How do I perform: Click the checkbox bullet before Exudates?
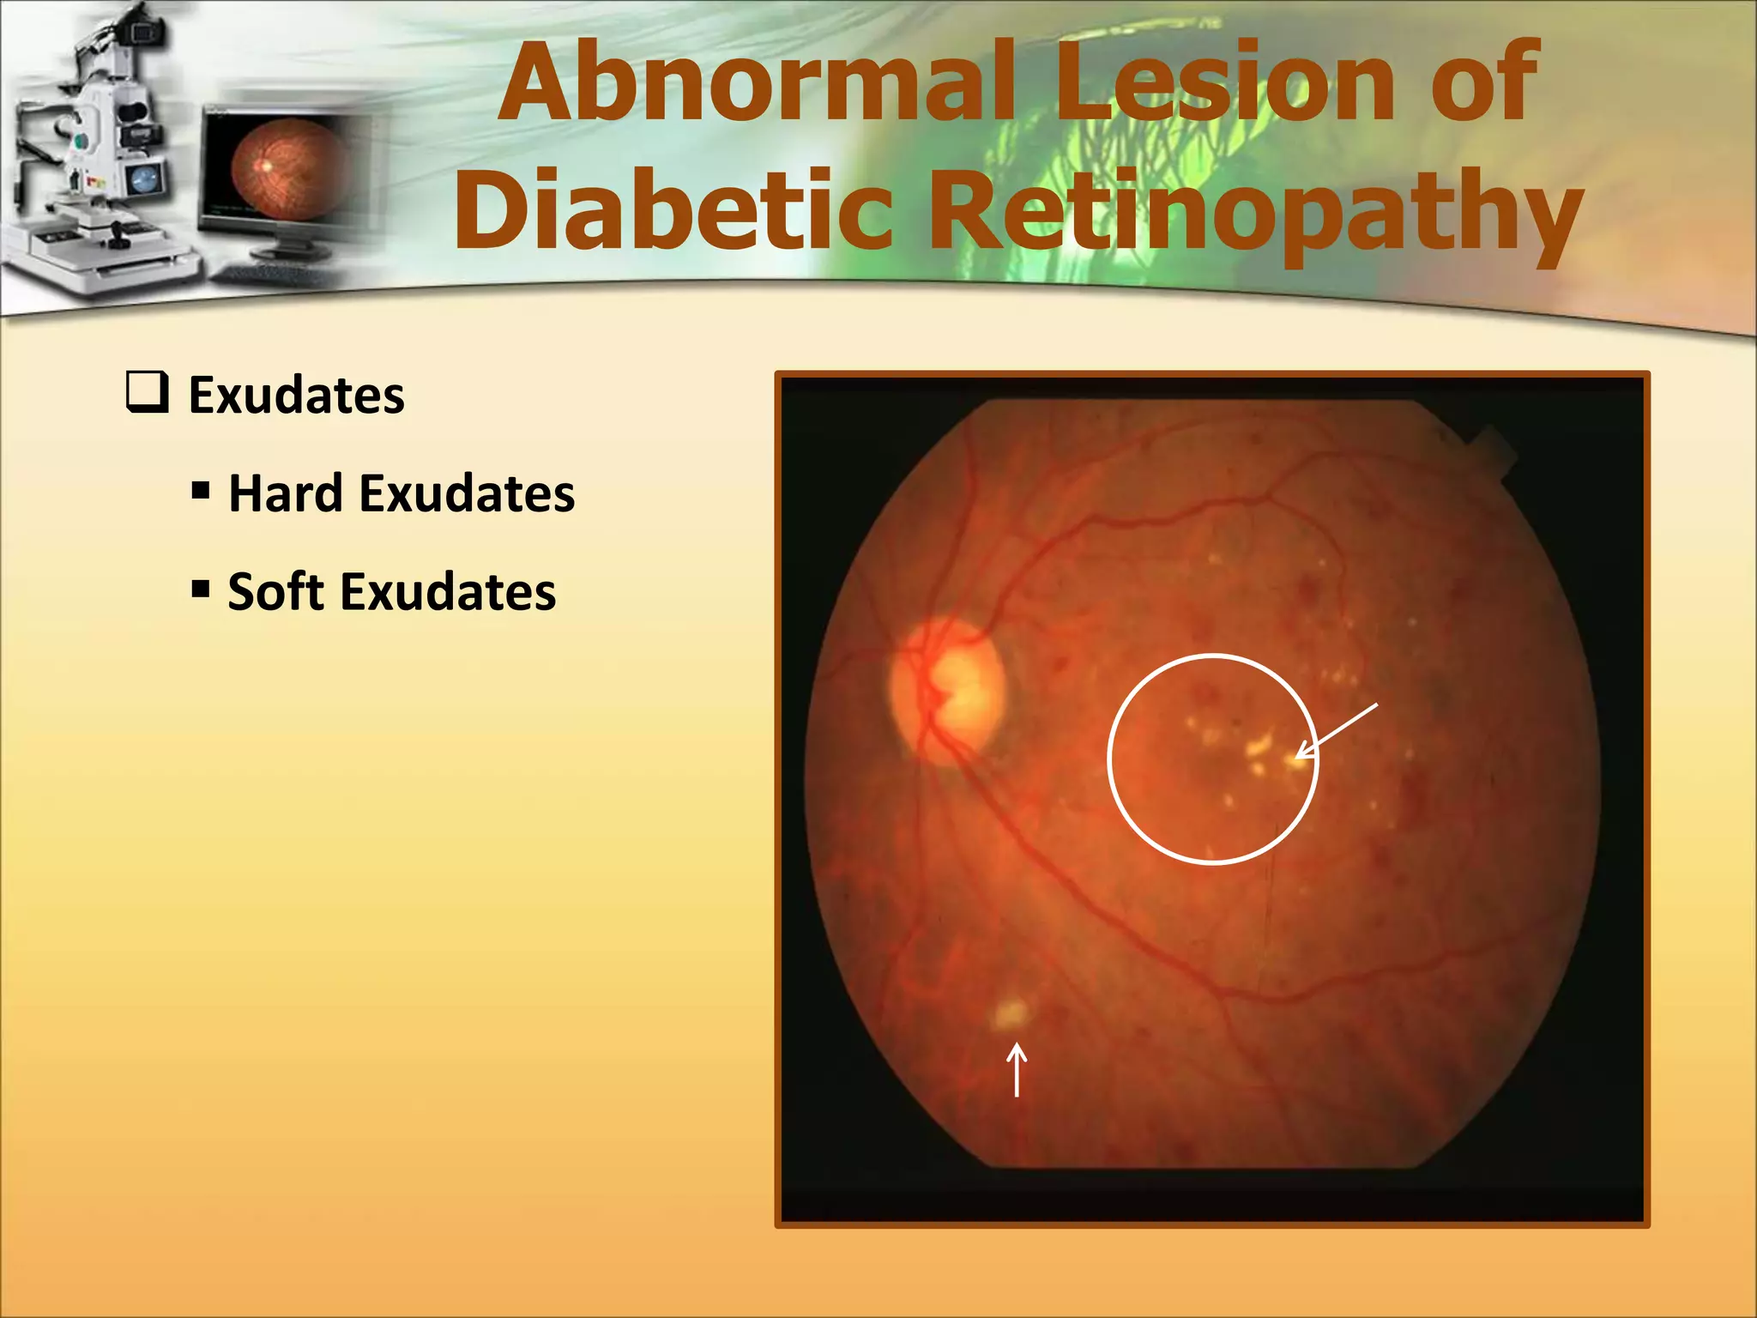pyautogui.click(x=147, y=393)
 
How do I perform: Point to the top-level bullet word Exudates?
pyautogui.click(x=296, y=396)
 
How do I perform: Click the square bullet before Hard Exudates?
pyautogui.click(x=201, y=492)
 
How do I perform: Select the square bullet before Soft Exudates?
pyautogui.click(x=201, y=589)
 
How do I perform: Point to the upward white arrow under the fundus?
pyautogui.click(x=1017, y=1069)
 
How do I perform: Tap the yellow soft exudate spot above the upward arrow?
pyautogui.click(x=1010, y=1013)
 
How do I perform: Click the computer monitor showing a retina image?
pyautogui.click(x=287, y=172)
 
